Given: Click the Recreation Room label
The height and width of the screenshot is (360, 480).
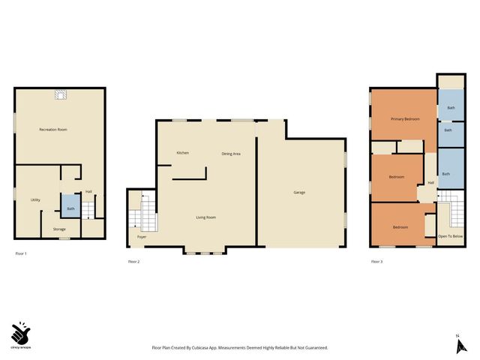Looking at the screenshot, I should pos(53,130).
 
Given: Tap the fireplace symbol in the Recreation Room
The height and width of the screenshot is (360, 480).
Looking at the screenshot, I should pos(59,94).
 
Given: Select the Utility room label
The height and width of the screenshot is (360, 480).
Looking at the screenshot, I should pos(35,199).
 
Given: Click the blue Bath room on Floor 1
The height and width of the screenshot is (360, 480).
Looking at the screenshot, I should pos(70,207).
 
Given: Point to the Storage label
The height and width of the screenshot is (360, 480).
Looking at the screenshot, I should pos(58,229).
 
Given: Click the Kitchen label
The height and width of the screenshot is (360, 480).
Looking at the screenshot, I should pos(182,152).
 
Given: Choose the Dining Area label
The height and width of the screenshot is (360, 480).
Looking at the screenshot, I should pos(230,153).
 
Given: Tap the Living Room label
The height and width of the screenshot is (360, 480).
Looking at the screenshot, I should pos(206,217).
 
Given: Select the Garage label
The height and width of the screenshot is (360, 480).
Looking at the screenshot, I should pos(299,192).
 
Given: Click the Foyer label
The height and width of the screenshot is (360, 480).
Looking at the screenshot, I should pos(141,237).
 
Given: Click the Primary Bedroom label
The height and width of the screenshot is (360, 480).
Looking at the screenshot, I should pos(404,119).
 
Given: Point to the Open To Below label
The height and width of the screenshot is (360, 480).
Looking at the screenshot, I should pos(450,236).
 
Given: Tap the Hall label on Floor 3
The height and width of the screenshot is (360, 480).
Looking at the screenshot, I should pos(430,182).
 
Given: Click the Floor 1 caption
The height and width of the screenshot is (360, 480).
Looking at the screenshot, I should pos(21,254).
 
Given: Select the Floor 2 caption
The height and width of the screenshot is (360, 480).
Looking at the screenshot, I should pos(134,261).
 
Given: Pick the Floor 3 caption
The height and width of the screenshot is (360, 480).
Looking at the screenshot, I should pos(376,261).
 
